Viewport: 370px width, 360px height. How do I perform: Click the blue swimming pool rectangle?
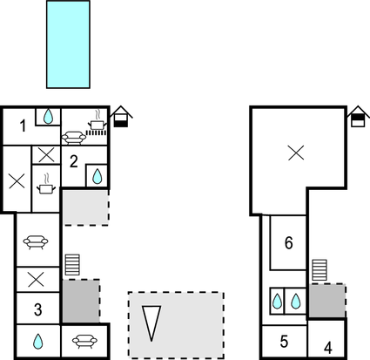[x=68, y=44]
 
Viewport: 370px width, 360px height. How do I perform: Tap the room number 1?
[x=23, y=126]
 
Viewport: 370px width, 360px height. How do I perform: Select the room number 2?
[x=74, y=161]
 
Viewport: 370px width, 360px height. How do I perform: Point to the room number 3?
[x=38, y=309]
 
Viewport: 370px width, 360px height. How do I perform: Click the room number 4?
[x=328, y=348]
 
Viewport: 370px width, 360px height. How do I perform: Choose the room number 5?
[x=284, y=342]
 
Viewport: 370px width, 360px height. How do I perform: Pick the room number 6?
[x=289, y=243]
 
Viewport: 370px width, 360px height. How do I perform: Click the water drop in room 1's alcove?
[x=48, y=117]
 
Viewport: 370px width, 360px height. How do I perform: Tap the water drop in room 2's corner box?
[x=97, y=176]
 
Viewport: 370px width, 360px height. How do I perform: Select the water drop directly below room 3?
[x=38, y=342]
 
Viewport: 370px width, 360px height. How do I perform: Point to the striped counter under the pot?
[x=96, y=132]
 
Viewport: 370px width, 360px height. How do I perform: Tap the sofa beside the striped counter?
[x=74, y=138]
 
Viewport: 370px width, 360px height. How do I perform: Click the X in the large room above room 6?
[x=296, y=153]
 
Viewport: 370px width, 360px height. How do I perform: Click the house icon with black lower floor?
[x=121, y=117]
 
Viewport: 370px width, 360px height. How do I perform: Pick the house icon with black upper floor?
[x=358, y=117]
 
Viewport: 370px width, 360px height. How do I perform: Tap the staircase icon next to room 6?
[x=320, y=270]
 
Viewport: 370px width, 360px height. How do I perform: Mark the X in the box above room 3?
[x=36, y=280]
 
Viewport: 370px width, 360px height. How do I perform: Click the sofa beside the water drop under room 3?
[x=84, y=342]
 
